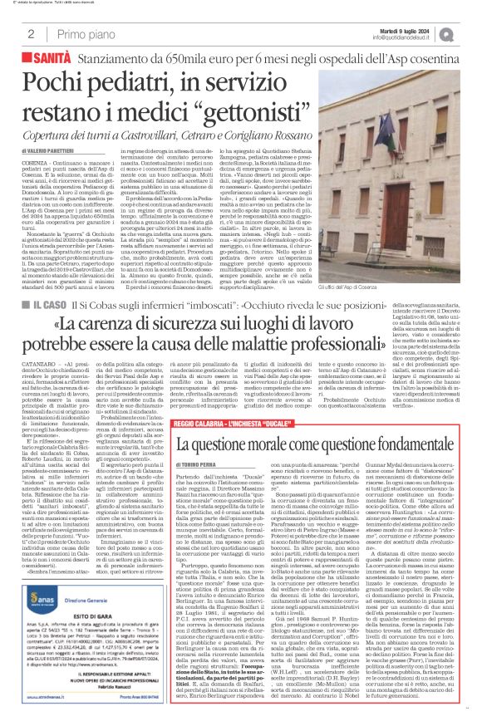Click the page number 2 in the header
(31, 34)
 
